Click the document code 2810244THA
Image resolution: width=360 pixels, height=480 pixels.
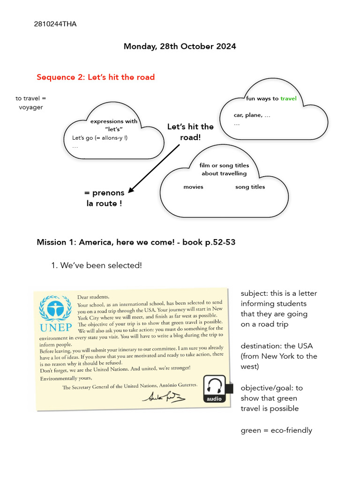pyautogui.click(x=55, y=24)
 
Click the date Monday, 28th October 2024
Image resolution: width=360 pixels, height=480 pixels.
pyautogui.click(x=180, y=46)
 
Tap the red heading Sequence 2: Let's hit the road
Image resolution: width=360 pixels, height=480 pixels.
pyautogui.click(x=96, y=77)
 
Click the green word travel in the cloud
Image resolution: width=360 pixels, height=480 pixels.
pyautogui.click(x=288, y=99)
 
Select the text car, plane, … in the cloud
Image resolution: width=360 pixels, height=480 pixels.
pyautogui.click(x=252, y=115)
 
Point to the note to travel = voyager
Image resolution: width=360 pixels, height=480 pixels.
pyautogui.click(x=31, y=103)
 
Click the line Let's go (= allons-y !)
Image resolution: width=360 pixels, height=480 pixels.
pyautogui.click(x=100, y=138)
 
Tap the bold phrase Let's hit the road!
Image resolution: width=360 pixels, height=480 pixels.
pyautogui.click(x=190, y=132)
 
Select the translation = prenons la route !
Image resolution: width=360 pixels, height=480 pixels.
pyautogui.click(x=104, y=198)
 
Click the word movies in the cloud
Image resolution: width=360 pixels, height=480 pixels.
pyautogui.click(x=193, y=187)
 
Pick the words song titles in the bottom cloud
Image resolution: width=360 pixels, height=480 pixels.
pyautogui.click(x=250, y=187)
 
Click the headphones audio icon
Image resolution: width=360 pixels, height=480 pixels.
pyautogui.click(x=214, y=388)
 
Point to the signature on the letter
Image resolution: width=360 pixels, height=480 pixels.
pyautogui.click(x=164, y=397)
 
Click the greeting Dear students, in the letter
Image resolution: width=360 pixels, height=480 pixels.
pyautogui.click(x=93, y=297)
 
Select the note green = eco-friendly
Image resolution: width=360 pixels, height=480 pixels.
pyautogui.click(x=276, y=430)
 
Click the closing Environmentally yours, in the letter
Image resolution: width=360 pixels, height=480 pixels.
pyautogui.click(x=66, y=378)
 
